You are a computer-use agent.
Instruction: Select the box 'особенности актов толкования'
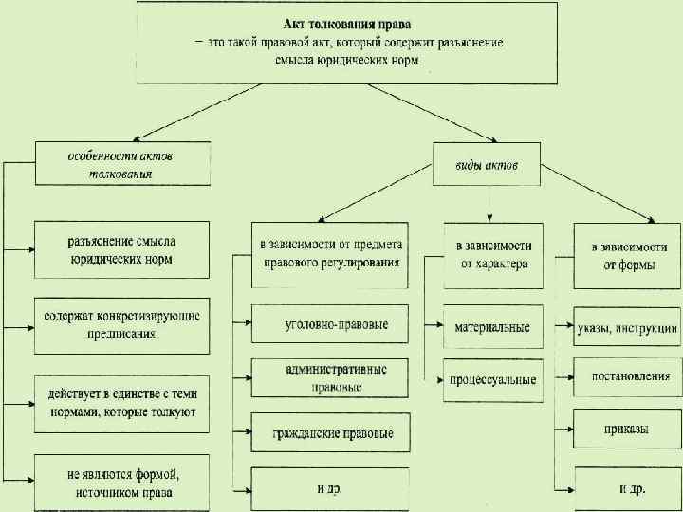(123, 163)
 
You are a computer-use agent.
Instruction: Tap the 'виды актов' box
(487, 165)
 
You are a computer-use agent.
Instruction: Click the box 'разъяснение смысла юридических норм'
(120, 248)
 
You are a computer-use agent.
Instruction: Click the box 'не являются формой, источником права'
(120, 483)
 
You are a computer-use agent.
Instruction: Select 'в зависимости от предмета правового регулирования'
(330, 254)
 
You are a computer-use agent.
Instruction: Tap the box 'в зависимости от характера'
(494, 254)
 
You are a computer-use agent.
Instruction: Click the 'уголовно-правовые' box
(330, 324)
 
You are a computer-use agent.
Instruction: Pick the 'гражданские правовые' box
(330, 432)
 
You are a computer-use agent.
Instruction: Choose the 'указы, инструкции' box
(625, 328)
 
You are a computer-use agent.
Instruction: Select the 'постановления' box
(625, 377)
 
